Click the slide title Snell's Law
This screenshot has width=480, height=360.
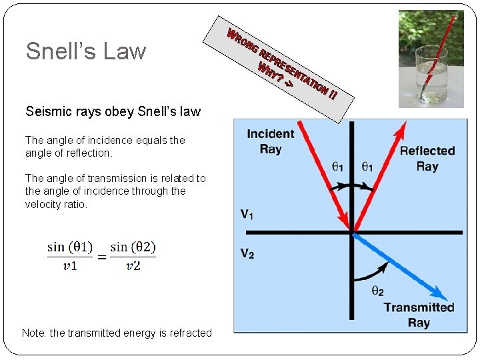click(85, 51)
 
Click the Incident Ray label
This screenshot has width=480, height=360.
click(270, 141)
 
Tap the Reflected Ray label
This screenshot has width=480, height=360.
click(427, 159)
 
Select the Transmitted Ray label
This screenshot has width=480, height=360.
click(419, 315)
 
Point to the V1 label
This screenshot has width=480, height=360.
click(247, 215)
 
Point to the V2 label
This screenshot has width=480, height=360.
click(247, 253)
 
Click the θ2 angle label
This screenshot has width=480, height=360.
click(377, 291)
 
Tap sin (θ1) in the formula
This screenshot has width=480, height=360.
click(69, 247)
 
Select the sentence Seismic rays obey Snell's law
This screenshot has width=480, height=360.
click(113, 111)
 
